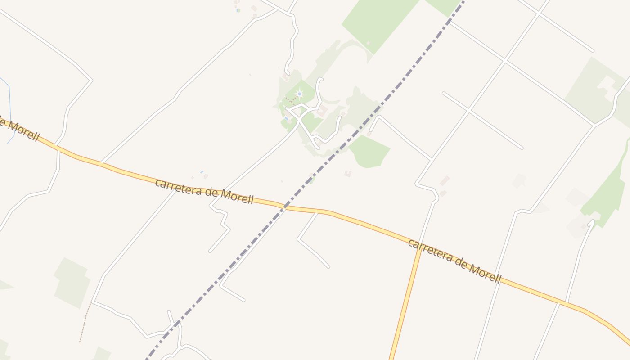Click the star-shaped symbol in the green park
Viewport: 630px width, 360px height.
coord(299,94)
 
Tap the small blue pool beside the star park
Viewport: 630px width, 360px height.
coord(286,118)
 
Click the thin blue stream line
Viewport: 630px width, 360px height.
coord(9,108)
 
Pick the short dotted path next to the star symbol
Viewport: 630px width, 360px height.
coord(290,100)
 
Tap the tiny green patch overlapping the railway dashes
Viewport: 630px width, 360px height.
coord(312,180)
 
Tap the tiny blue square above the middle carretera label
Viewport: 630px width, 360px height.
coord(202,172)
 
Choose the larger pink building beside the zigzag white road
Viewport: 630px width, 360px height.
coord(445,180)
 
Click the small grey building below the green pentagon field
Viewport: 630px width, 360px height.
coord(347,173)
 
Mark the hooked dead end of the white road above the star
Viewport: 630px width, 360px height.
coord(320,79)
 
